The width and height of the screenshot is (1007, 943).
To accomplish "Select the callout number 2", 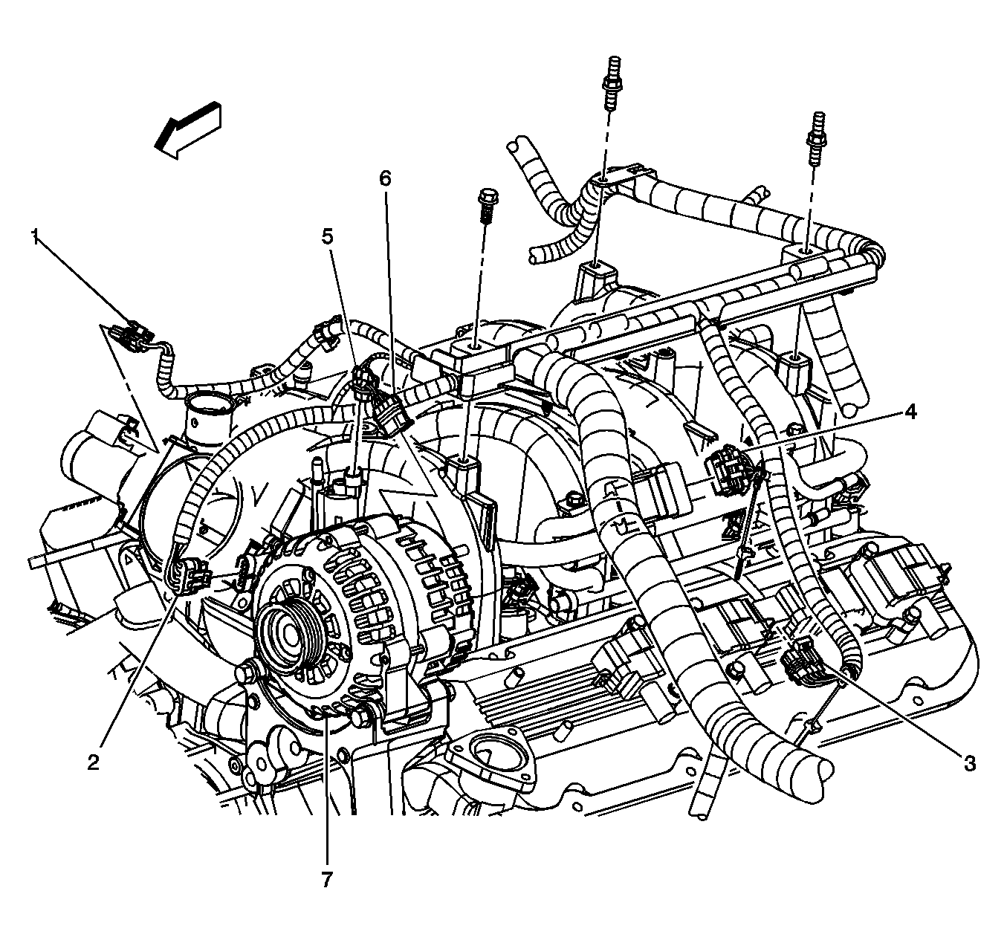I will pos(93,762).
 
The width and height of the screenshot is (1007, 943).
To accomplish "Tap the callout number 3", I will pos(969,762).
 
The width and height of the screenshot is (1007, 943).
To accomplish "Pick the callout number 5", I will pos(327,236).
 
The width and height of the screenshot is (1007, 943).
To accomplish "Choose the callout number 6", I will pos(384,178).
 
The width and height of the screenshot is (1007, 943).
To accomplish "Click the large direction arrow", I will pos(188,129).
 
